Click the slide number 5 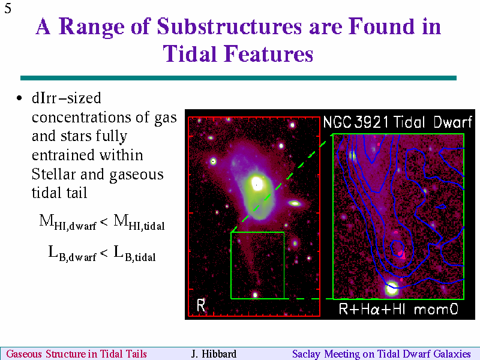click(x=8, y=8)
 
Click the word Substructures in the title click(x=230, y=26)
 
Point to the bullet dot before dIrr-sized click(x=20, y=98)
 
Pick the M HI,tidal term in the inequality click(x=139, y=222)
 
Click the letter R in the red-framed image click(x=201, y=305)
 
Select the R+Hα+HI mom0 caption click(x=398, y=309)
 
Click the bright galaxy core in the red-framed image click(x=257, y=184)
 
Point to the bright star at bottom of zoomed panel click(x=391, y=288)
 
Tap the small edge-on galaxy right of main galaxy click(x=295, y=203)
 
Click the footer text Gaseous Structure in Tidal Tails click(x=77, y=354)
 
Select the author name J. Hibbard click(x=214, y=354)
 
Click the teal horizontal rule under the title click(x=238, y=78)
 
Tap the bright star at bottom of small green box click(x=255, y=295)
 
